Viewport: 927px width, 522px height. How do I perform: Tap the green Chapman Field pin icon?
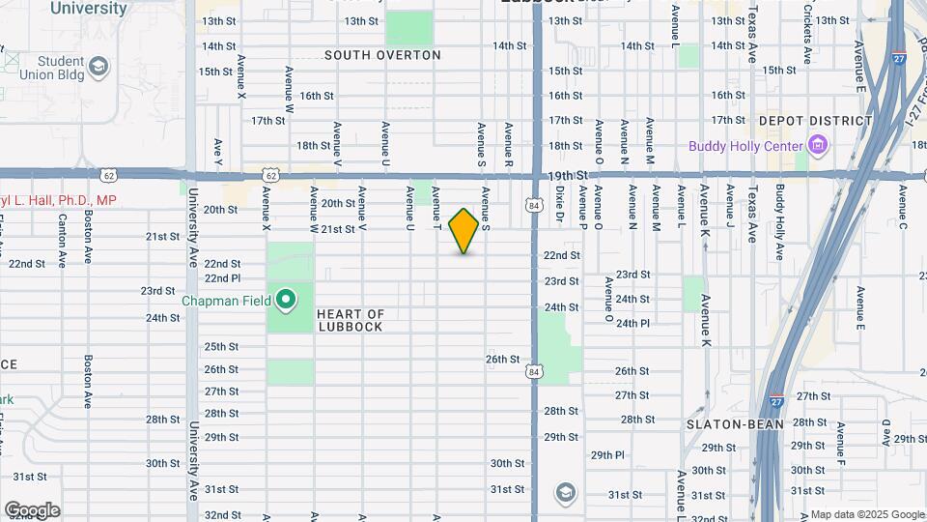(x=286, y=300)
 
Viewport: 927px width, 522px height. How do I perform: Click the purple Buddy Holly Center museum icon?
(x=819, y=146)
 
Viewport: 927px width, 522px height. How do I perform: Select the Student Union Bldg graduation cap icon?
(x=98, y=67)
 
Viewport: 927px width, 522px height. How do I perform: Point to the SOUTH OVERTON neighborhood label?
(x=382, y=55)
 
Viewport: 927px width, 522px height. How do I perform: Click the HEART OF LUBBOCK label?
(x=350, y=320)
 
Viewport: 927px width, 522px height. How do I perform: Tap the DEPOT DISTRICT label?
(x=815, y=121)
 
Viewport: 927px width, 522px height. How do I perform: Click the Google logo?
(x=31, y=510)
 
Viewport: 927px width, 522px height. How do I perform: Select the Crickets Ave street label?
(x=806, y=39)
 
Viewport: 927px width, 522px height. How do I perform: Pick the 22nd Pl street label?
(x=222, y=278)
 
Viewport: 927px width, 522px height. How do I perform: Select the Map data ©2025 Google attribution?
(x=867, y=514)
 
